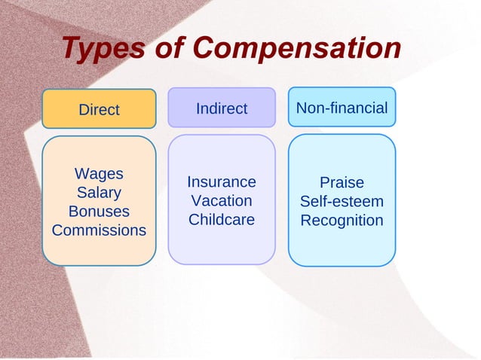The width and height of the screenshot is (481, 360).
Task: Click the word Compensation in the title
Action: pos(297,49)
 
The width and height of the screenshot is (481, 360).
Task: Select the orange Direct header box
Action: pos(99,109)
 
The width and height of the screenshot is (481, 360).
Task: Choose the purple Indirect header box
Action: pos(222,108)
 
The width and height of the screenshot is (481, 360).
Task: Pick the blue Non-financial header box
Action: pos(342,108)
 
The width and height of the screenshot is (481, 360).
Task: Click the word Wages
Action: pos(99,174)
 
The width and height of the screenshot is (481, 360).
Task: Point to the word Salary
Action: pos(99,193)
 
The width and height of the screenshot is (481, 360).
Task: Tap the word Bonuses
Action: pos(99,212)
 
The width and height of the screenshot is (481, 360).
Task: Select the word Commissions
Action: pos(99,230)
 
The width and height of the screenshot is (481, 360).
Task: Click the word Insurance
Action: pos(222,182)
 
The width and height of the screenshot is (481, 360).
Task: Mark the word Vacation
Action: pos(222,201)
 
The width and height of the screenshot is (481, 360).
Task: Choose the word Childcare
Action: pos(222,220)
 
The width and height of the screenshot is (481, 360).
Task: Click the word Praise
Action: pos(342,183)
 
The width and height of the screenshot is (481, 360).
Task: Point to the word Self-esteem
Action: pos(342,202)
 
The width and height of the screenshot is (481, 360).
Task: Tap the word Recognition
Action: pos(342,221)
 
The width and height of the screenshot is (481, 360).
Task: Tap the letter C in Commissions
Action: pos(57,230)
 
